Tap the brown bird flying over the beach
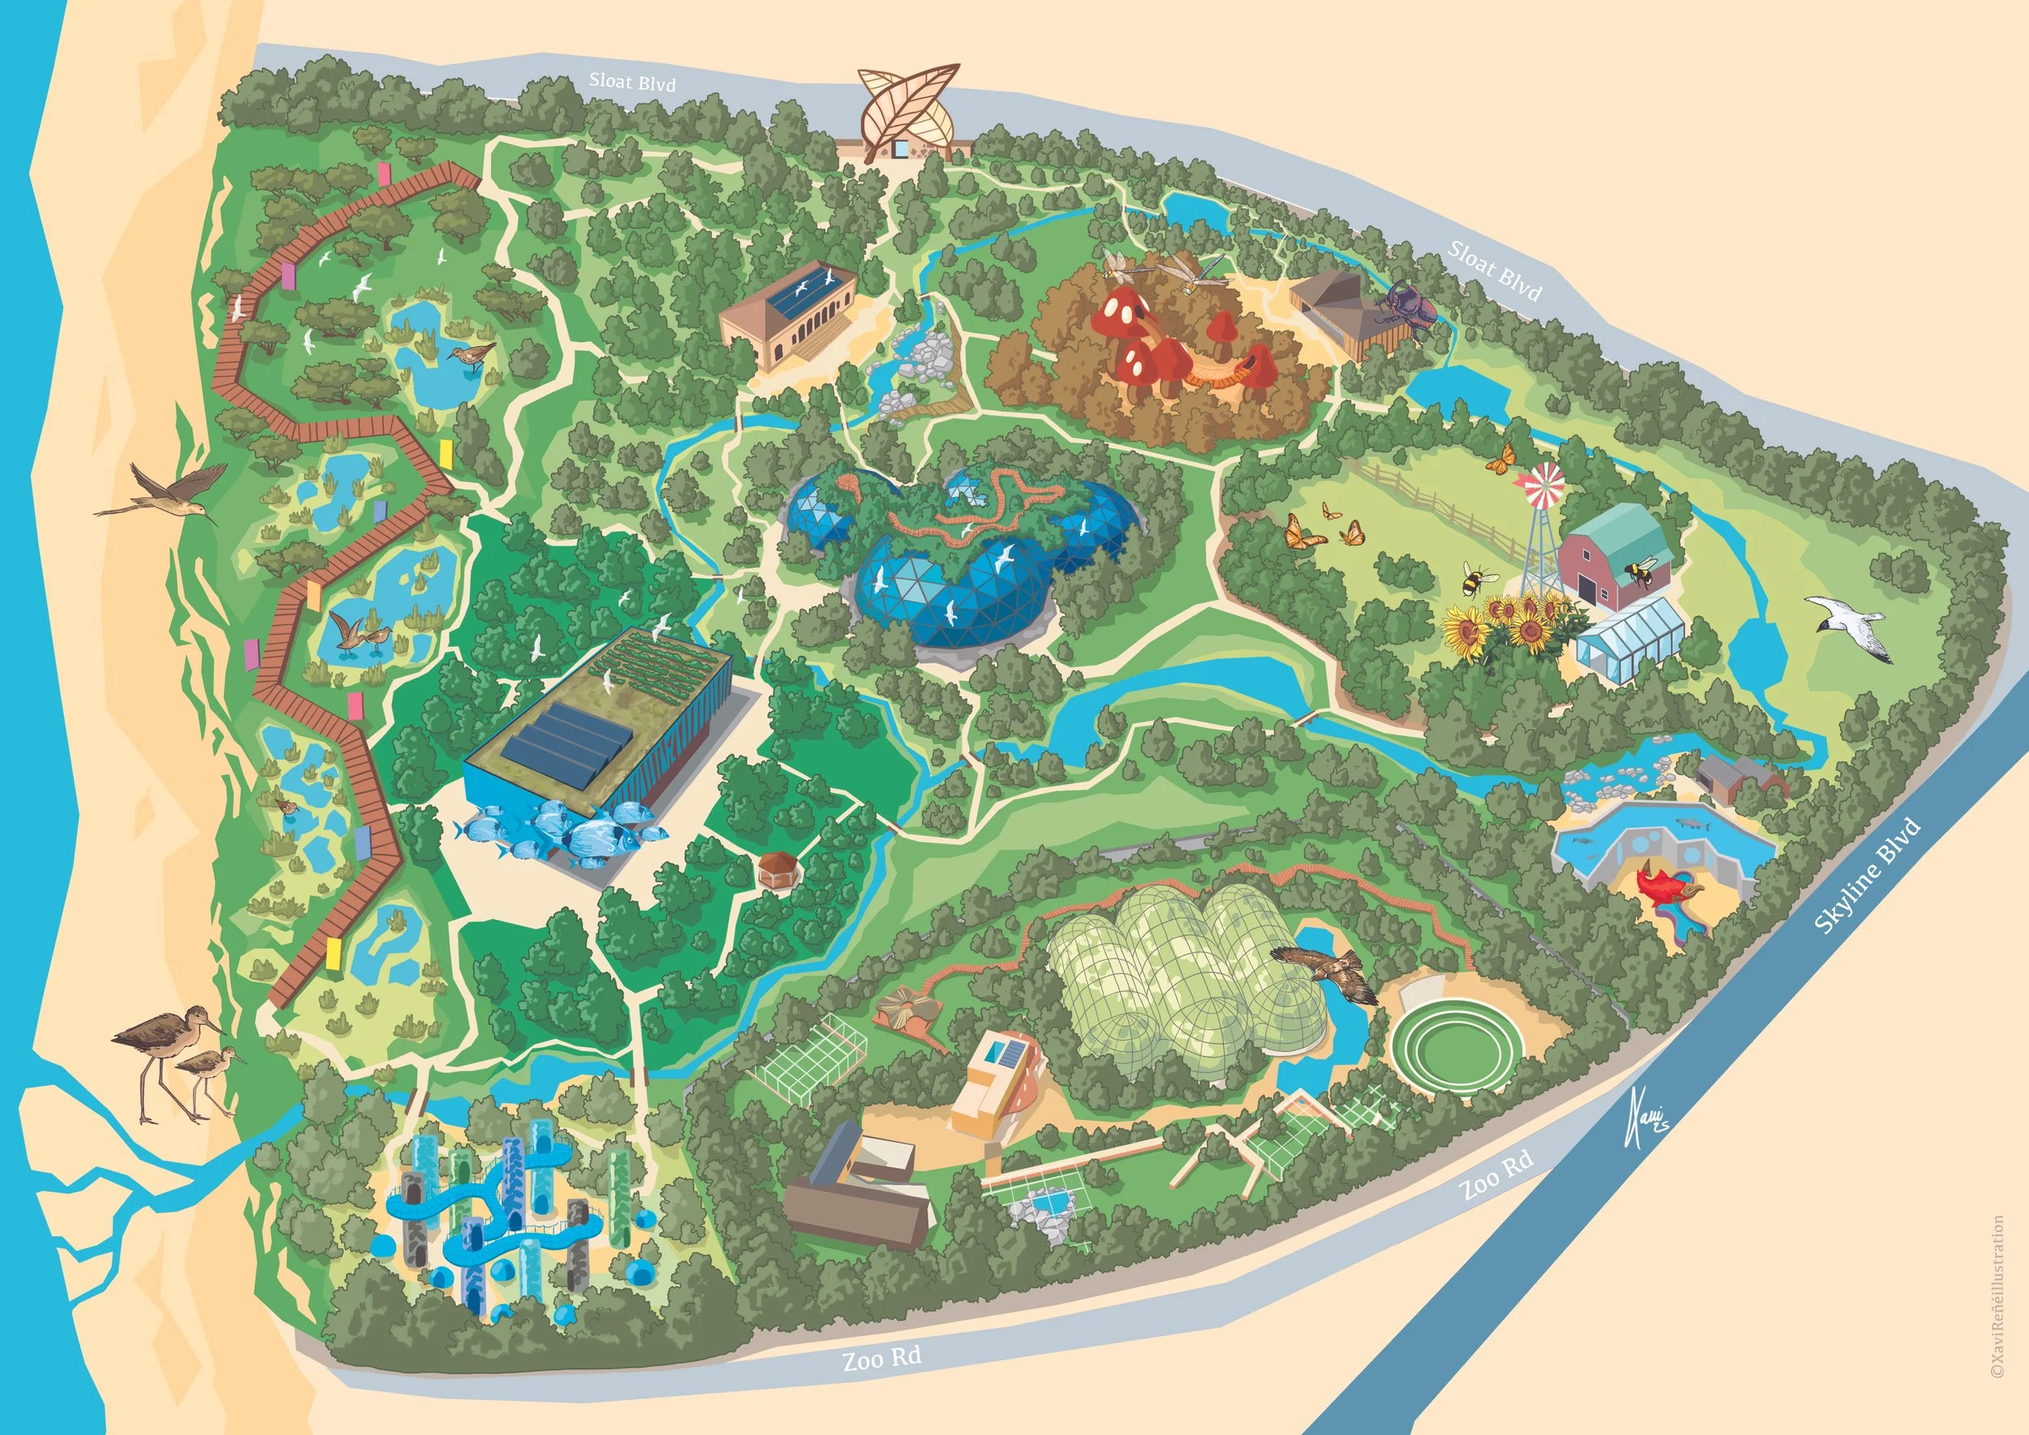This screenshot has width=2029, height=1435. (x=166, y=496)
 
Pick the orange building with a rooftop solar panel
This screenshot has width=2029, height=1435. (x=993, y=1092)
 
